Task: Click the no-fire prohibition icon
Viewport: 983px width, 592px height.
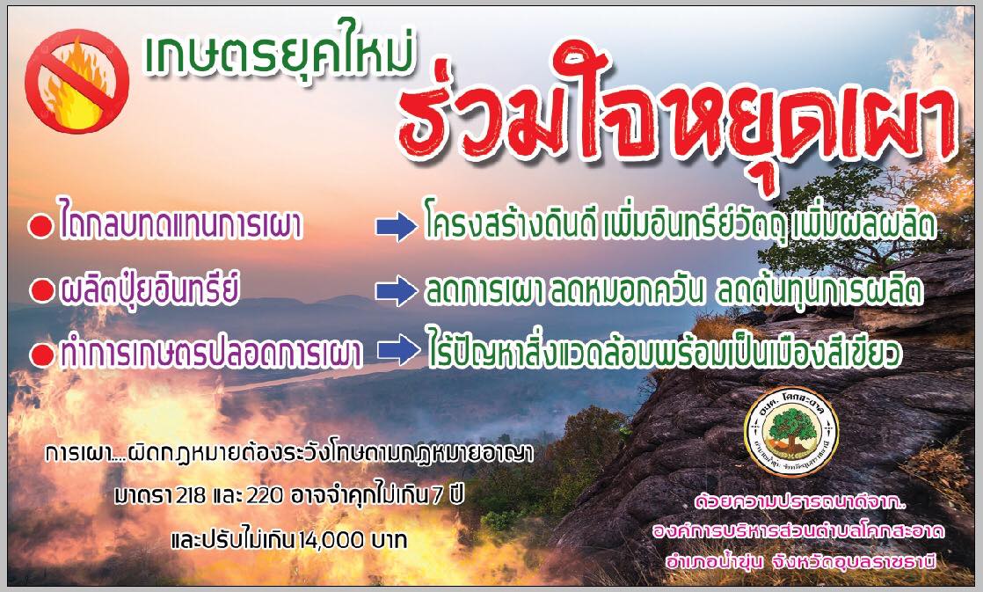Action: point(77,82)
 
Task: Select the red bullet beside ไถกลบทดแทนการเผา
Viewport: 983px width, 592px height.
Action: point(41,228)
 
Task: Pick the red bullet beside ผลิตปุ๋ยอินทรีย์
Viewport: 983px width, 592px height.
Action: point(42,290)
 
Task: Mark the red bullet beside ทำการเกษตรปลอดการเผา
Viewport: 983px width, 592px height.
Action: point(42,355)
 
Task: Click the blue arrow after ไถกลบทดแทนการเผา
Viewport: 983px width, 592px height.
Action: point(397,226)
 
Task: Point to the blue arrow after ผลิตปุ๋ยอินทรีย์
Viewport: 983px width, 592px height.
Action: point(397,290)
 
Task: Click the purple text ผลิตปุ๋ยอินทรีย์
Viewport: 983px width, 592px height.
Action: point(149,289)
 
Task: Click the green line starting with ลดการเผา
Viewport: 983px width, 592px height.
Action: point(674,289)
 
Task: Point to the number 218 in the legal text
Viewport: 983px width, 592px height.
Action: point(191,495)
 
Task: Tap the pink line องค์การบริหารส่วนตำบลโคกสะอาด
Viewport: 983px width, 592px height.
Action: point(798,532)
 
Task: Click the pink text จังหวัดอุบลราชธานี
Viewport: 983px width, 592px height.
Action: point(855,561)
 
